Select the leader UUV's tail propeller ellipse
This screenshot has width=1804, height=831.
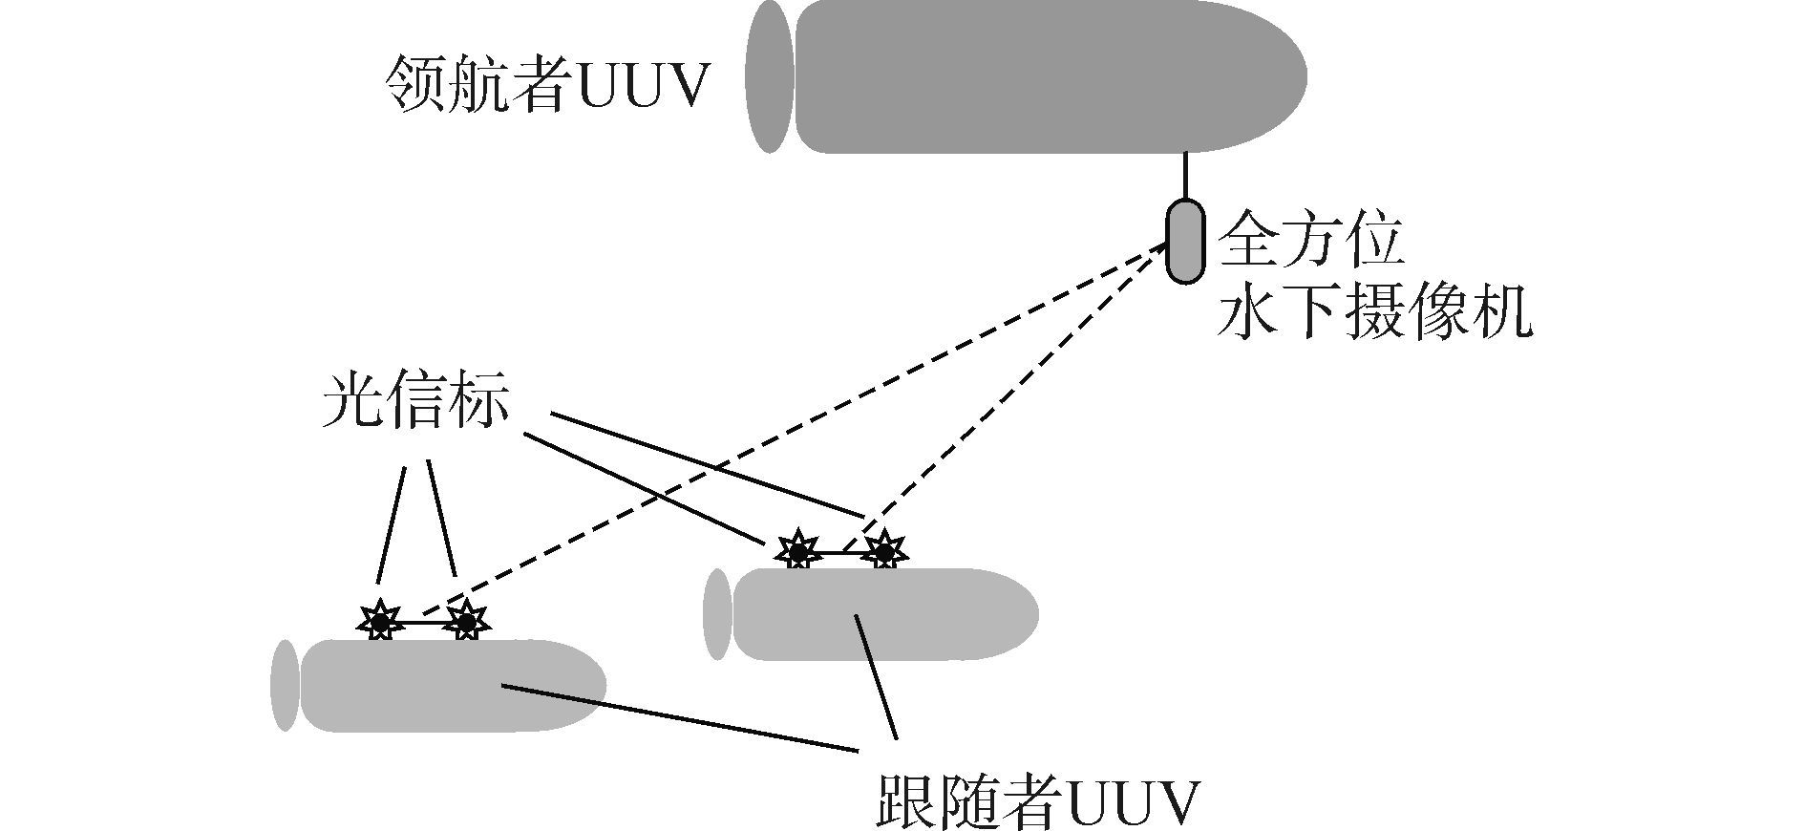click(770, 76)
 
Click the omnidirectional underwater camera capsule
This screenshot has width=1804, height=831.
click(1185, 241)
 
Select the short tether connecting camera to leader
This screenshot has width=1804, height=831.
click(1185, 176)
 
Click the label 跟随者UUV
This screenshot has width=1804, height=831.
click(1036, 803)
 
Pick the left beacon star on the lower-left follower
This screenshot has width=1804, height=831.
click(380, 623)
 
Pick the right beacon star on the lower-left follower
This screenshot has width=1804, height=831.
click(466, 623)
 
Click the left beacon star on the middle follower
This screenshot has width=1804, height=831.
click(796, 551)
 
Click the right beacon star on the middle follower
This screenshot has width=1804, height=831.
click(884, 551)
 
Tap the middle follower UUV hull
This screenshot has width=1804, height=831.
click(879, 614)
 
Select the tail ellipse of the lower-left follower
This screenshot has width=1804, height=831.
click(285, 686)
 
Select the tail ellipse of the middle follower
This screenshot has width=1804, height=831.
click(716, 614)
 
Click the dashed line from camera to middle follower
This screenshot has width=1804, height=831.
click(1012, 401)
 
